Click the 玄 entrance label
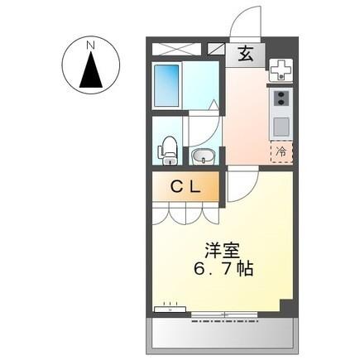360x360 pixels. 246,55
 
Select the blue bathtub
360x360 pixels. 167,84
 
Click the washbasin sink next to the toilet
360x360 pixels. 202,155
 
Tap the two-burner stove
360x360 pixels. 281,100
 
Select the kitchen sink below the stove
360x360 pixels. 281,127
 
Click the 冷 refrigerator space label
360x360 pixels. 281,151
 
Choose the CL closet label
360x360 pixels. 185,187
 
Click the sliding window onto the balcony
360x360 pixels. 223,314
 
